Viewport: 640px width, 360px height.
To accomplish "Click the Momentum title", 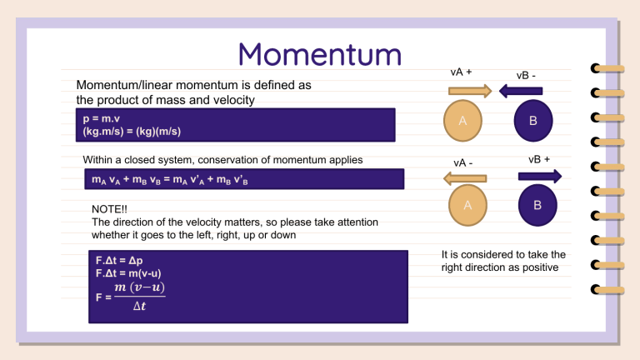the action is [320, 54].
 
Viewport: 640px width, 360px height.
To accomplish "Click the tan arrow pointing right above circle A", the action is [470, 91].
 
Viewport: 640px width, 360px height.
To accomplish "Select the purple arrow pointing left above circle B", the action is [521, 91].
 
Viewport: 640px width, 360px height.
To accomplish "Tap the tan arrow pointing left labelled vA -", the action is [465, 178].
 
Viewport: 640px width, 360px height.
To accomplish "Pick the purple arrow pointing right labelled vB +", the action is [540, 177].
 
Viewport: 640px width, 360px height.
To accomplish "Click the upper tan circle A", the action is [462, 121].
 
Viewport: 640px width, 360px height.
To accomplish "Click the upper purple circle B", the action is [533, 121].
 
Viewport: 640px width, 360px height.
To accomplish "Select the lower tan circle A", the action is [467, 205].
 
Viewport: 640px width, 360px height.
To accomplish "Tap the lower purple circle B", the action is [537, 205].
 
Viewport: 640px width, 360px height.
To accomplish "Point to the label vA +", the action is [461, 72].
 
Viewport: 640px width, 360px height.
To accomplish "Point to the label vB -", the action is [526, 76].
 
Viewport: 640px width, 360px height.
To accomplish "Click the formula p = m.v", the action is [101, 119].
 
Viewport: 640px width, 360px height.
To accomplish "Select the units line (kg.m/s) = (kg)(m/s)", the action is [132, 132].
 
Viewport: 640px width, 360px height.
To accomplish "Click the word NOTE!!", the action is [109, 209].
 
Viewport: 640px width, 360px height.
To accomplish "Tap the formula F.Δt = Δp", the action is [119, 260].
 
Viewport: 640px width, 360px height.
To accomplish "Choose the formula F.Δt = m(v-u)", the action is [128, 273].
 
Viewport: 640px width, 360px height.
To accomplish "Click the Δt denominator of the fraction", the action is [139, 306].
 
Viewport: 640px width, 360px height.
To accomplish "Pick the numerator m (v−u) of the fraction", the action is [140, 287].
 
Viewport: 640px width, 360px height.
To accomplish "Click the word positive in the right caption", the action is [540, 267].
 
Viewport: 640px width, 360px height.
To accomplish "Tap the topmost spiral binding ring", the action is [607, 68].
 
